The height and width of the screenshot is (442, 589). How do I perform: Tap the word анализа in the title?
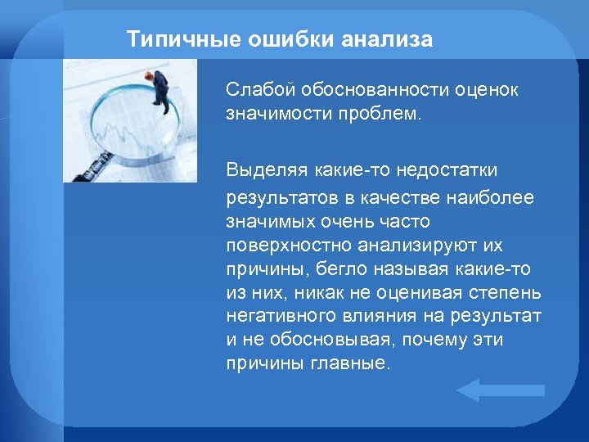(388, 39)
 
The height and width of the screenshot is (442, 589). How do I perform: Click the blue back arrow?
(499, 390)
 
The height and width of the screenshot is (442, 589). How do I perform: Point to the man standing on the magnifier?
(160, 91)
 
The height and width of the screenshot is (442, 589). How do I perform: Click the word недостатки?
(450, 169)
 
